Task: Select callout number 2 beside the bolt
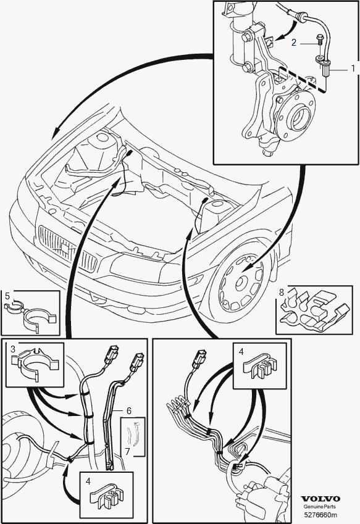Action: [x=293, y=43]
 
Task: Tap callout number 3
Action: [x=13, y=349]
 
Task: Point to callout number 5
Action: [x=7, y=296]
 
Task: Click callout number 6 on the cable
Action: [x=129, y=410]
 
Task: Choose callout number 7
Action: [x=127, y=452]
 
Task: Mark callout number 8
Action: [x=282, y=292]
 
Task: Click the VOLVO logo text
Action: [x=320, y=499]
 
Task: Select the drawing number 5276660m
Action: [x=320, y=515]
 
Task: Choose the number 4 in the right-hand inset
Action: [x=241, y=352]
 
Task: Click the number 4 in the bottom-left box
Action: [x=88, y=481]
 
